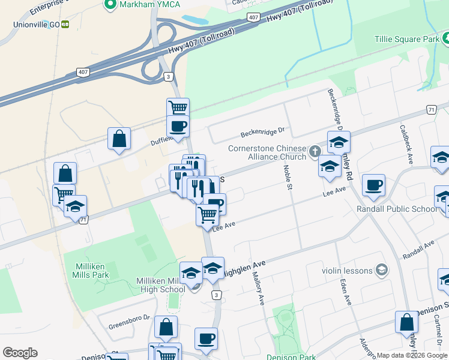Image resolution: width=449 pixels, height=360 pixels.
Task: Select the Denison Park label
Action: tap(292, 356)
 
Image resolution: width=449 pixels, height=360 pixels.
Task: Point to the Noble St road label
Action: tap(287, 179)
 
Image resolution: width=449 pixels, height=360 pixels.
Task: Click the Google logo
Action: tap(20, 353)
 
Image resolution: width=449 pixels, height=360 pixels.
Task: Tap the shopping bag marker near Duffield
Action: tap(119, 139)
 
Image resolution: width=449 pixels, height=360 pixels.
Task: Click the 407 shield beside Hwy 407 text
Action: tap(253, 17)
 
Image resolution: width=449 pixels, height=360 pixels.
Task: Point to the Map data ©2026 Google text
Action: tap(412, 355)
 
